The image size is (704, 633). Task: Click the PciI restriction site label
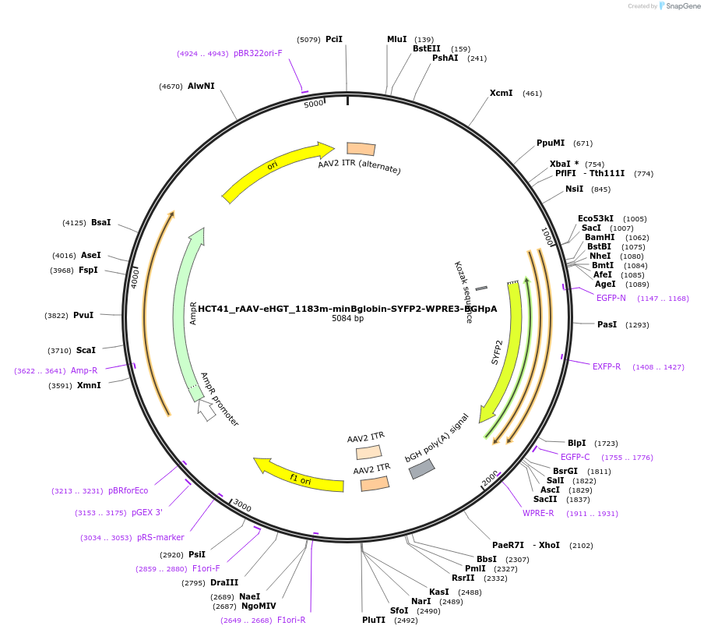(334, 39)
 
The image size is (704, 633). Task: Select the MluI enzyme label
(397, 39)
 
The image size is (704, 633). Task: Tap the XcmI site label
(501, 94)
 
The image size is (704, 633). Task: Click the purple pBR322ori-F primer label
(258, 54)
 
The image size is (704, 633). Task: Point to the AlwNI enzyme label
(201, 86)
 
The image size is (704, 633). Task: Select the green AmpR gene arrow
(187, 312)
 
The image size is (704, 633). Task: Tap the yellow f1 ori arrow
(300, 477)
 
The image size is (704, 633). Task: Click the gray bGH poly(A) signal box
(421, 469)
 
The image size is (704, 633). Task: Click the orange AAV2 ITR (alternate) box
(361, 149)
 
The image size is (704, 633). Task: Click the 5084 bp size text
(347, 319)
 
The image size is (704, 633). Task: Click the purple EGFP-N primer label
(611, 299)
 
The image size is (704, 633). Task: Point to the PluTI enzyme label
(374, 621)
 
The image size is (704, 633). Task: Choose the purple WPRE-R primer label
(538, 514)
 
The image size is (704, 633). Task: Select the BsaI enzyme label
(101, 223)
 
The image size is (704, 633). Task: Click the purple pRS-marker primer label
(160, 538)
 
